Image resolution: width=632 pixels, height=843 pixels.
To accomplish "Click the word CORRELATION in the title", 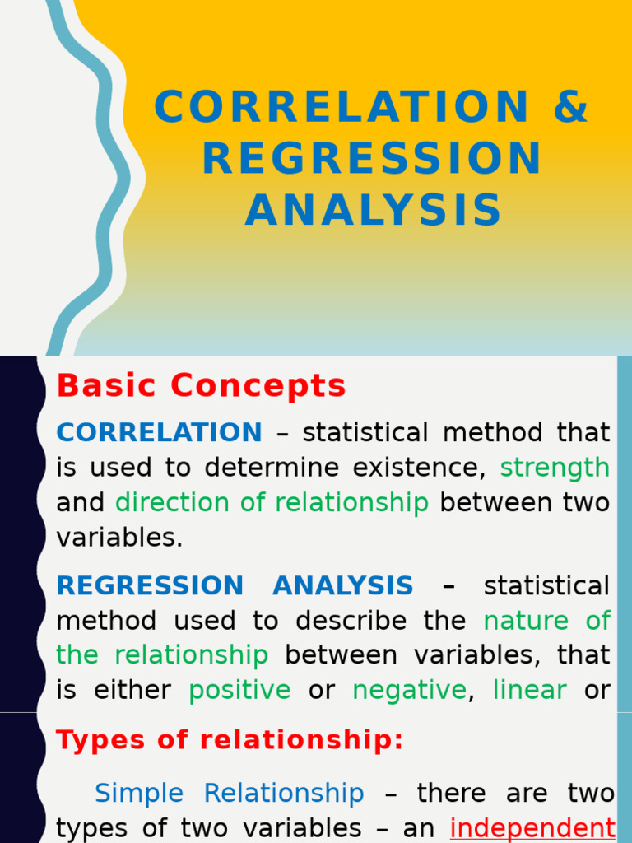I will point(342,108).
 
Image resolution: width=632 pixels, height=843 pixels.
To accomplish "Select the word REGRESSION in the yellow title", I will point(372,159).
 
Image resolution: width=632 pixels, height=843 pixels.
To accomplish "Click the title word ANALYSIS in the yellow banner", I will point(373,210).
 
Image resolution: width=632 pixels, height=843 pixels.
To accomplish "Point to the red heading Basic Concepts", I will point(202,385).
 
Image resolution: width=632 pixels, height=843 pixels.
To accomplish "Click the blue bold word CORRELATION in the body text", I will point(159,432).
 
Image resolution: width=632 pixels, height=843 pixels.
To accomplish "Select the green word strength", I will point(555,468).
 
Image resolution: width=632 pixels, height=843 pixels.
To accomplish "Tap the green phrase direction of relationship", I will point(272,502).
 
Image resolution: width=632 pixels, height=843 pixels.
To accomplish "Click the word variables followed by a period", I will point(119,538).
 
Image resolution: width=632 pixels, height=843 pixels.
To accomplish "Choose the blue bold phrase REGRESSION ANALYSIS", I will point(235,586).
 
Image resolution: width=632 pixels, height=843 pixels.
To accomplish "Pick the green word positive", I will point(239,690).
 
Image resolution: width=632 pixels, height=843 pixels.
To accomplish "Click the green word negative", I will point(409,690).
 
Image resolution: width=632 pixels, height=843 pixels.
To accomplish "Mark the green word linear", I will point(529,690).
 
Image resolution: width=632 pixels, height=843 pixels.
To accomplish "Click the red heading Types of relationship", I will point(230,740).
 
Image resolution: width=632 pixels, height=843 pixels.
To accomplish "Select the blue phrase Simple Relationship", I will point(229,794).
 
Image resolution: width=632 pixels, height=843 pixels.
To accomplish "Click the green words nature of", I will point(546,621).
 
